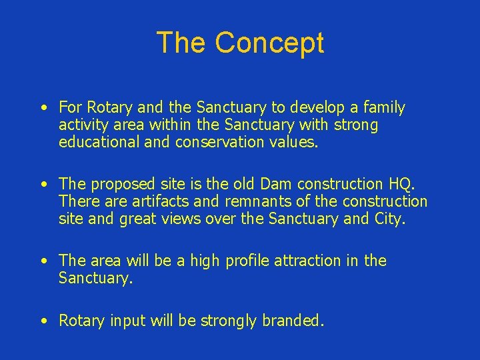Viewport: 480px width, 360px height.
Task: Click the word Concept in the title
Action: click(269, 43)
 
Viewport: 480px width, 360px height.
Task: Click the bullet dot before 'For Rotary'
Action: click(43, 108)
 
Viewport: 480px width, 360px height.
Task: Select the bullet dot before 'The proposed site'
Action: click(43, 184)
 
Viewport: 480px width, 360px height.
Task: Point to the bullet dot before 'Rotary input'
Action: click(43, 321)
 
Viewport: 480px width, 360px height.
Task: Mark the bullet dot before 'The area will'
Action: click(43, 261)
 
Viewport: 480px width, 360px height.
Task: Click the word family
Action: click(381, 108)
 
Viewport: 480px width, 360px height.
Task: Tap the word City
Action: click(389, 219)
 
